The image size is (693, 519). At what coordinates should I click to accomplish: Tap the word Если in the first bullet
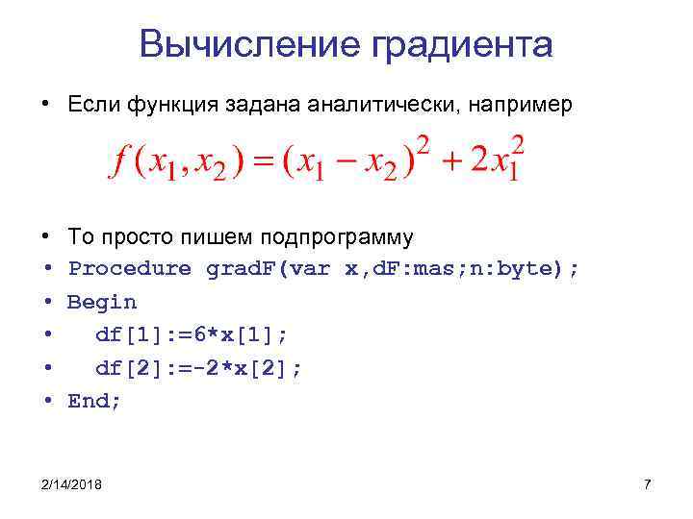(92, 105)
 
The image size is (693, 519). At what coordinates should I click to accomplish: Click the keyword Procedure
(130, 269)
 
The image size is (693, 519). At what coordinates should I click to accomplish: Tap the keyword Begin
(102, 302)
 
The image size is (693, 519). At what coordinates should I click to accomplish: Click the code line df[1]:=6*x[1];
(192, 335)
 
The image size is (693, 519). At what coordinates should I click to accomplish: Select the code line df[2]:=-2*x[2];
(198, 368)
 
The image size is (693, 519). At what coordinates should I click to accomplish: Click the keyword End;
(94, 401)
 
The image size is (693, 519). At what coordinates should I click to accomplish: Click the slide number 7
(647, 484)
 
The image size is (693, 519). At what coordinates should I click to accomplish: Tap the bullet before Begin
(46, 302)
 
